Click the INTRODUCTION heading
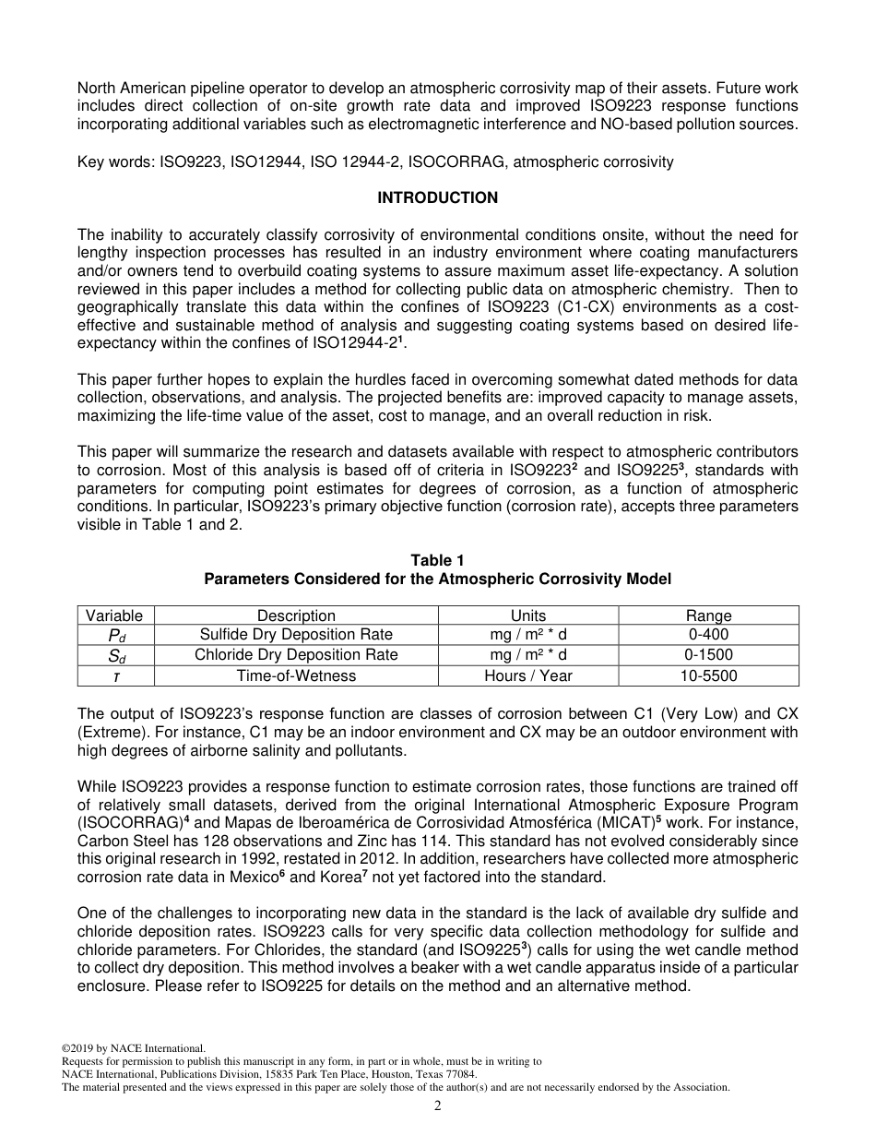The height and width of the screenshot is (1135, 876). [x=437, y=197]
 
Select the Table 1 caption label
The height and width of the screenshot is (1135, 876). [x=437, y=560]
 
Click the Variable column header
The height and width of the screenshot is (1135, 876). [x=114, y=615]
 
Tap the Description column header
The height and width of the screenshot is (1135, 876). [x=296, y=615]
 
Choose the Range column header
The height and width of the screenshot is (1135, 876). [x=708, y=615]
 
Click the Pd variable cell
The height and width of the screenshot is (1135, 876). [x=114, y=635]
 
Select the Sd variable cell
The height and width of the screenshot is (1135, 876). [x=114, y=655]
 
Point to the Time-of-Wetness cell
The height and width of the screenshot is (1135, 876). [x=296, y=675]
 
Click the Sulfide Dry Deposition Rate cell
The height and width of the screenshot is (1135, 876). [x=296, y=635]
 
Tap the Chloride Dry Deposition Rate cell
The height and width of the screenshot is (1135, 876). [x=296, y=655]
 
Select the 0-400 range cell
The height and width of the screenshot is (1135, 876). [x=708, y=635]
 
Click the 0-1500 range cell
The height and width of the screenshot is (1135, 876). [x=708, y=655]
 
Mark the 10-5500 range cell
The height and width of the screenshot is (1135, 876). [x=708, y=675]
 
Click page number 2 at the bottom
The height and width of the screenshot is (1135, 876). [x=438, y=1106]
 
